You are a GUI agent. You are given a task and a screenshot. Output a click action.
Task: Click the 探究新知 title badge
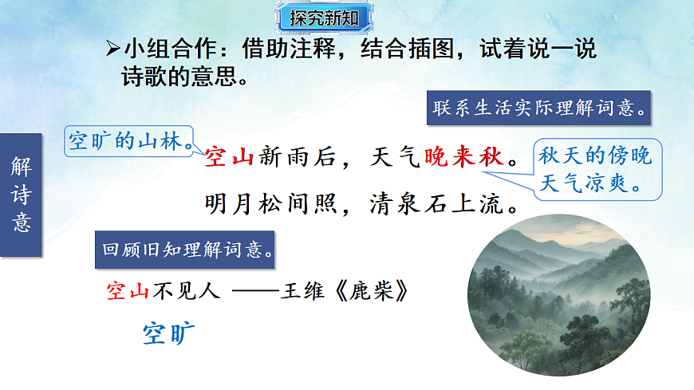tap(324, 17)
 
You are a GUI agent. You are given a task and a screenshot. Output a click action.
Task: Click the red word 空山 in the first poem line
tap(229, 157)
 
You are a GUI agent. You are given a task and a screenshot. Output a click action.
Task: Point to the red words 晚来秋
tap(465, 157)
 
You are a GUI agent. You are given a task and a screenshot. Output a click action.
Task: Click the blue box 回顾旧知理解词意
tap(187, 247)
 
